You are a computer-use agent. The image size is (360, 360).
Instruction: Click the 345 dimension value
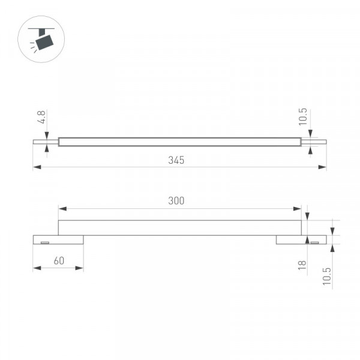pos(176,160)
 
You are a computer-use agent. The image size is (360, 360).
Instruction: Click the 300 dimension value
pos(176,201)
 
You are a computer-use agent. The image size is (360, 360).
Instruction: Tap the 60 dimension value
pos(59,260)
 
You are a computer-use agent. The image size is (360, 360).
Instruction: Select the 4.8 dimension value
pos(41,117)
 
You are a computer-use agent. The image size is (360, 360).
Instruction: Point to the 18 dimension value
pos(302,265)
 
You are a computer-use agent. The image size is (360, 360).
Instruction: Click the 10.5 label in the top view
pos(302,117)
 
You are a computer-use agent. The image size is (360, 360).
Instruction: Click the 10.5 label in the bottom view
pos(327,276)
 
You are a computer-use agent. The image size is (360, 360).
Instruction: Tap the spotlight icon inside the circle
pos(41,40)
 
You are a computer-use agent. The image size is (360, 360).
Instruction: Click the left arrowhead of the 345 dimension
pos(37,167)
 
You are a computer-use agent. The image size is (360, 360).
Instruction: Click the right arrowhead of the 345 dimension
pos(322,167)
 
